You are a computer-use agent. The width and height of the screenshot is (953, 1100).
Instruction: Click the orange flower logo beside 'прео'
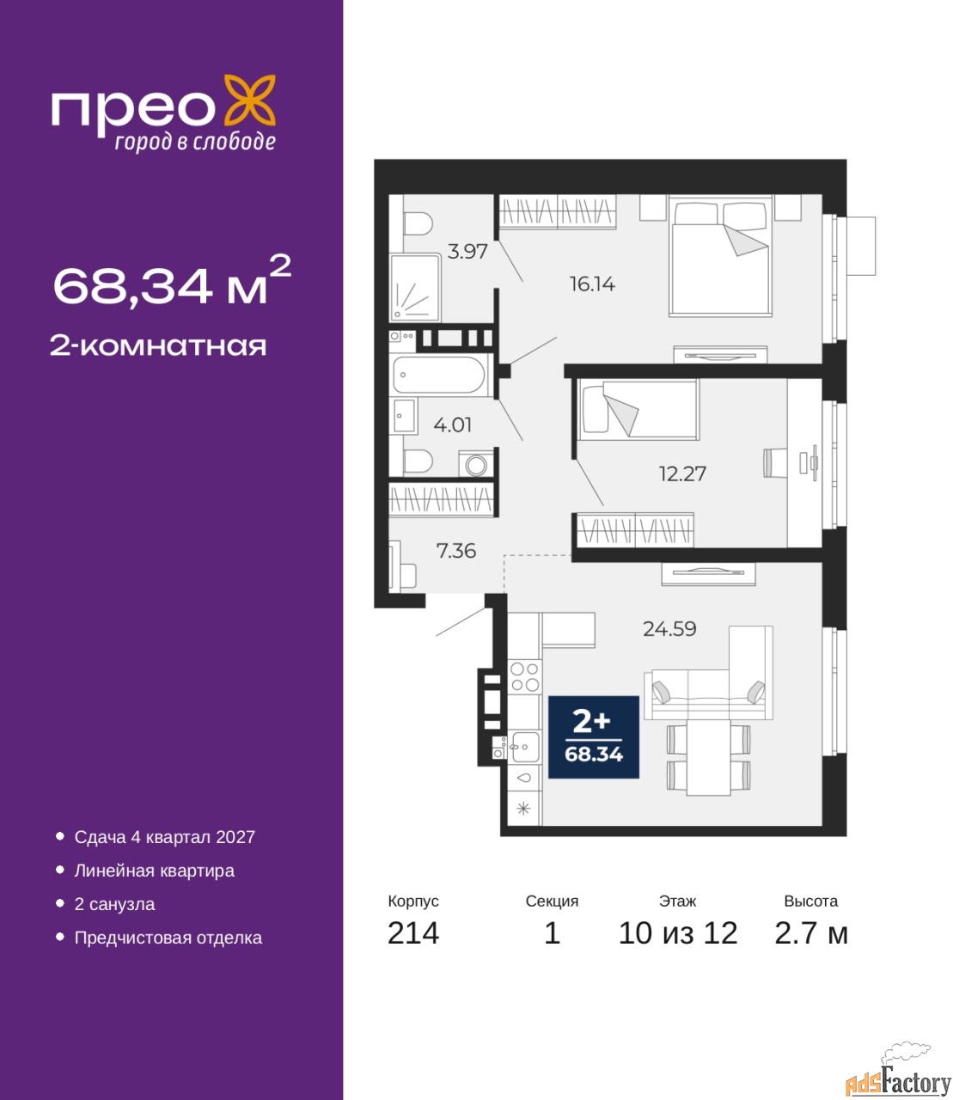[249, 100]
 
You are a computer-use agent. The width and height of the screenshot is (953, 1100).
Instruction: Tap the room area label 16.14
[592, 284]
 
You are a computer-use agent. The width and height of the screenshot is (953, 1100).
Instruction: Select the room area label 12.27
[682, 474]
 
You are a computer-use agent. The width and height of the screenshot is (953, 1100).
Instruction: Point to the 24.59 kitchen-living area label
[669, 629]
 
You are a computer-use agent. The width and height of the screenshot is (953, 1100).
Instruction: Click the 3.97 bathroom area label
[467, 251]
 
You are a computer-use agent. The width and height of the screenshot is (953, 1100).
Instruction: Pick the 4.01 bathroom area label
[452, 425]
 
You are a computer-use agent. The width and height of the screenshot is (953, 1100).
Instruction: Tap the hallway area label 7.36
[456, 551]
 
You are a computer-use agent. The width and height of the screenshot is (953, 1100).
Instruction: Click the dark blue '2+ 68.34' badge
[593, 737]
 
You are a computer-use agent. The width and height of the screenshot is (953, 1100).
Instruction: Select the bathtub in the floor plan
[438, 375]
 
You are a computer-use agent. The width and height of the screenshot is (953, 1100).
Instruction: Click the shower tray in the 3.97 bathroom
[414, 287]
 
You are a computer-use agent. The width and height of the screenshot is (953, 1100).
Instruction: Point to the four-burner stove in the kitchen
[525, 677]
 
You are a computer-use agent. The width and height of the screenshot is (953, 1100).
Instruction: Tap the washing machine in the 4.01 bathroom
[476, 466]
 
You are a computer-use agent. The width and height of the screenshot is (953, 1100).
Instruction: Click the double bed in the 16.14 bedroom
[720, 256]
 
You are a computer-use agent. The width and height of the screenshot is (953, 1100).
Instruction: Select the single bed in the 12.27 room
[638, 409]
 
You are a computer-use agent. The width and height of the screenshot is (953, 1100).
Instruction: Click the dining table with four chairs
[708, 757]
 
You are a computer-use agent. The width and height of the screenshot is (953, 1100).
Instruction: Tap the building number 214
[413, 933]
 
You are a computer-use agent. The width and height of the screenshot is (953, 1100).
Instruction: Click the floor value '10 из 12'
[678, 933]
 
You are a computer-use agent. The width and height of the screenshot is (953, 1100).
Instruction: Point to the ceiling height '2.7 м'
[811, 933]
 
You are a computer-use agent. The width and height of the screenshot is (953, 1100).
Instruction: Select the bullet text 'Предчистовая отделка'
[168, 938]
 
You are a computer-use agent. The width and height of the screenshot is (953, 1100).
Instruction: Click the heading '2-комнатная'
[158, 346]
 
